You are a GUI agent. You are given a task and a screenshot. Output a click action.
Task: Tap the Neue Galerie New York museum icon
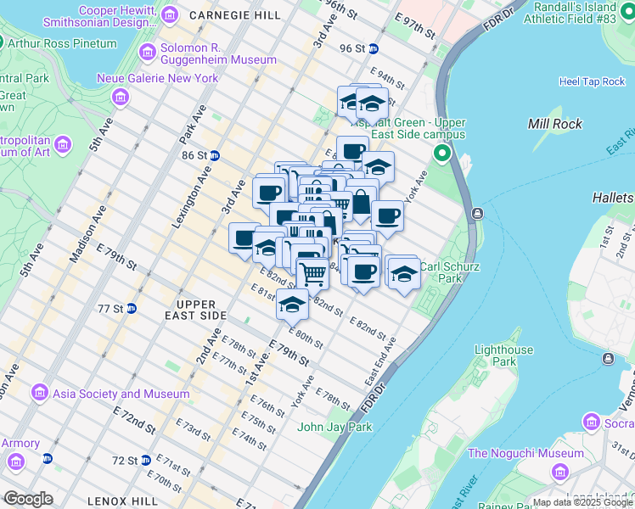point(121,98)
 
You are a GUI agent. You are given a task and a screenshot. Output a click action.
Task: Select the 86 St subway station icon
point(216,155)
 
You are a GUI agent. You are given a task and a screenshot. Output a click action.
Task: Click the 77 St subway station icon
point(132,308)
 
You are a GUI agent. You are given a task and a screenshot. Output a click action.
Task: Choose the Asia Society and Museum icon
point(39,393)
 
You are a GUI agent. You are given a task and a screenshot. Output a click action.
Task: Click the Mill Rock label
point(554,124)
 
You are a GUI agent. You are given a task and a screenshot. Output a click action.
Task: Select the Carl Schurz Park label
point(450,271)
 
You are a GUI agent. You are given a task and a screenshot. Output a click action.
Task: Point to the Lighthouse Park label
point(503,355)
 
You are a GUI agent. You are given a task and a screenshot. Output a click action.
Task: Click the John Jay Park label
point(334,427)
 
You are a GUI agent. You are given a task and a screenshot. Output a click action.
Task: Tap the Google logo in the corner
point(28,499)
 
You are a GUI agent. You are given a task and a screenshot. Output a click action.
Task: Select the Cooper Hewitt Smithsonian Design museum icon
point(170,14)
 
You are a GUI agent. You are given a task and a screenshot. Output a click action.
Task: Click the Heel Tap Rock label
point(592,81)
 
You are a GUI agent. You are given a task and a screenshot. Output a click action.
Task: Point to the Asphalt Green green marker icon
point(441,154)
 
